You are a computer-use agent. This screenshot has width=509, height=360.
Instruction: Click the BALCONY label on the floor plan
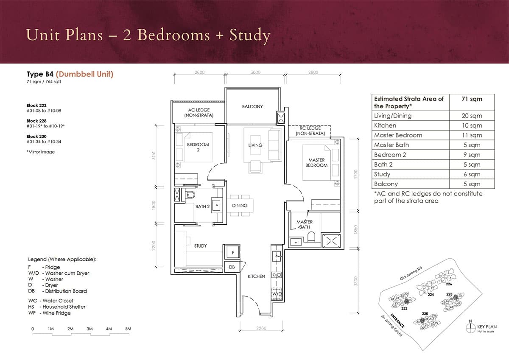click(x=252, y=106)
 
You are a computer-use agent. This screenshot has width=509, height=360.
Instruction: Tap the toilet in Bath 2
click(x=190, y=195)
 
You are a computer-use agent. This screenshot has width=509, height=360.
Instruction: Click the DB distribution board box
click(x=232, y=267)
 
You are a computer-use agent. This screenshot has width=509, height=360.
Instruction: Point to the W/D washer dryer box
click(x=277, y=293)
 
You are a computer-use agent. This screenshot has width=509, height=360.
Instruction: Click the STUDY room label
click(x=200, y=246)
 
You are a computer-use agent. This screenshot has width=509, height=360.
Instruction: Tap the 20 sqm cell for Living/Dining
click(x=472, y=116)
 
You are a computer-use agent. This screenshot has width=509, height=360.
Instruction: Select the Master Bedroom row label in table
click(x=398, y=135)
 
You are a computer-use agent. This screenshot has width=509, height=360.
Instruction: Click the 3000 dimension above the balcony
click(x=255, y=73)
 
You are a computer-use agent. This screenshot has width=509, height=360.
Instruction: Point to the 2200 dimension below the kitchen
click(x=261, y=328)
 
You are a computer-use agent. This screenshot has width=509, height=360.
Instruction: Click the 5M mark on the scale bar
click(x=128, y=329)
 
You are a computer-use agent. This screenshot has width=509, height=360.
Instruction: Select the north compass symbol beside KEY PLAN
click(x=469, y=327)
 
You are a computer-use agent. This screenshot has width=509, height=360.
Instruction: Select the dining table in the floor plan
click(x=240, y=206)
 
